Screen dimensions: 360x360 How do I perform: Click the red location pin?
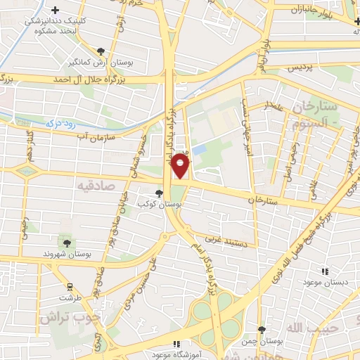(x=181, y=166)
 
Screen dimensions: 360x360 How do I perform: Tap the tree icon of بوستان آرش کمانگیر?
(x=101, y=51)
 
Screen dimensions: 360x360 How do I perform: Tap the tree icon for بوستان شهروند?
(x=67, y=243)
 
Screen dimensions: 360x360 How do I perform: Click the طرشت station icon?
(x=70, y=287)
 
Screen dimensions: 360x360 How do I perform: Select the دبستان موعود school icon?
(x=324, y=271)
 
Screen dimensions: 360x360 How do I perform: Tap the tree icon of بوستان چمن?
(x=262, y=329)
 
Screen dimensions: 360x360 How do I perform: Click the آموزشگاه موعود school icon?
(x=176, y=343)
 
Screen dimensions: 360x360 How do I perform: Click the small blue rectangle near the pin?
(x=200, y=150)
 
